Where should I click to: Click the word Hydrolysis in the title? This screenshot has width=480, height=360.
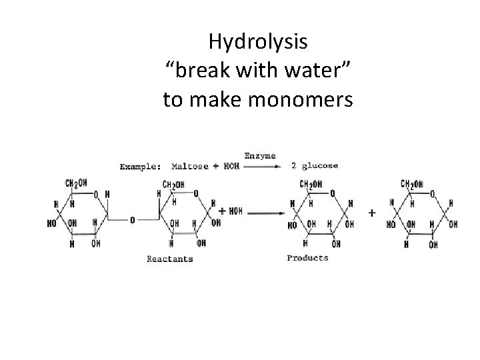258,42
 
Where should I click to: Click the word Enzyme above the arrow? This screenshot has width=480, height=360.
260,155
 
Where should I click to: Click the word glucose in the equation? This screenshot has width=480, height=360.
319,166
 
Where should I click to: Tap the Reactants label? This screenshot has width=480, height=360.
170,259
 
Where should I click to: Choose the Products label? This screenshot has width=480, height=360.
307,257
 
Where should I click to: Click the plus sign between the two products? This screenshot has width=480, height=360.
371,213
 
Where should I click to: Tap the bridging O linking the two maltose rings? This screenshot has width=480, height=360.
133,219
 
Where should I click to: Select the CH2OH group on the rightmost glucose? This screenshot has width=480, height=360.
415,184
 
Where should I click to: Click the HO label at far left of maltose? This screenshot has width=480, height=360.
52,225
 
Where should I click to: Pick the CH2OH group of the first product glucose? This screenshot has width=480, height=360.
312,184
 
